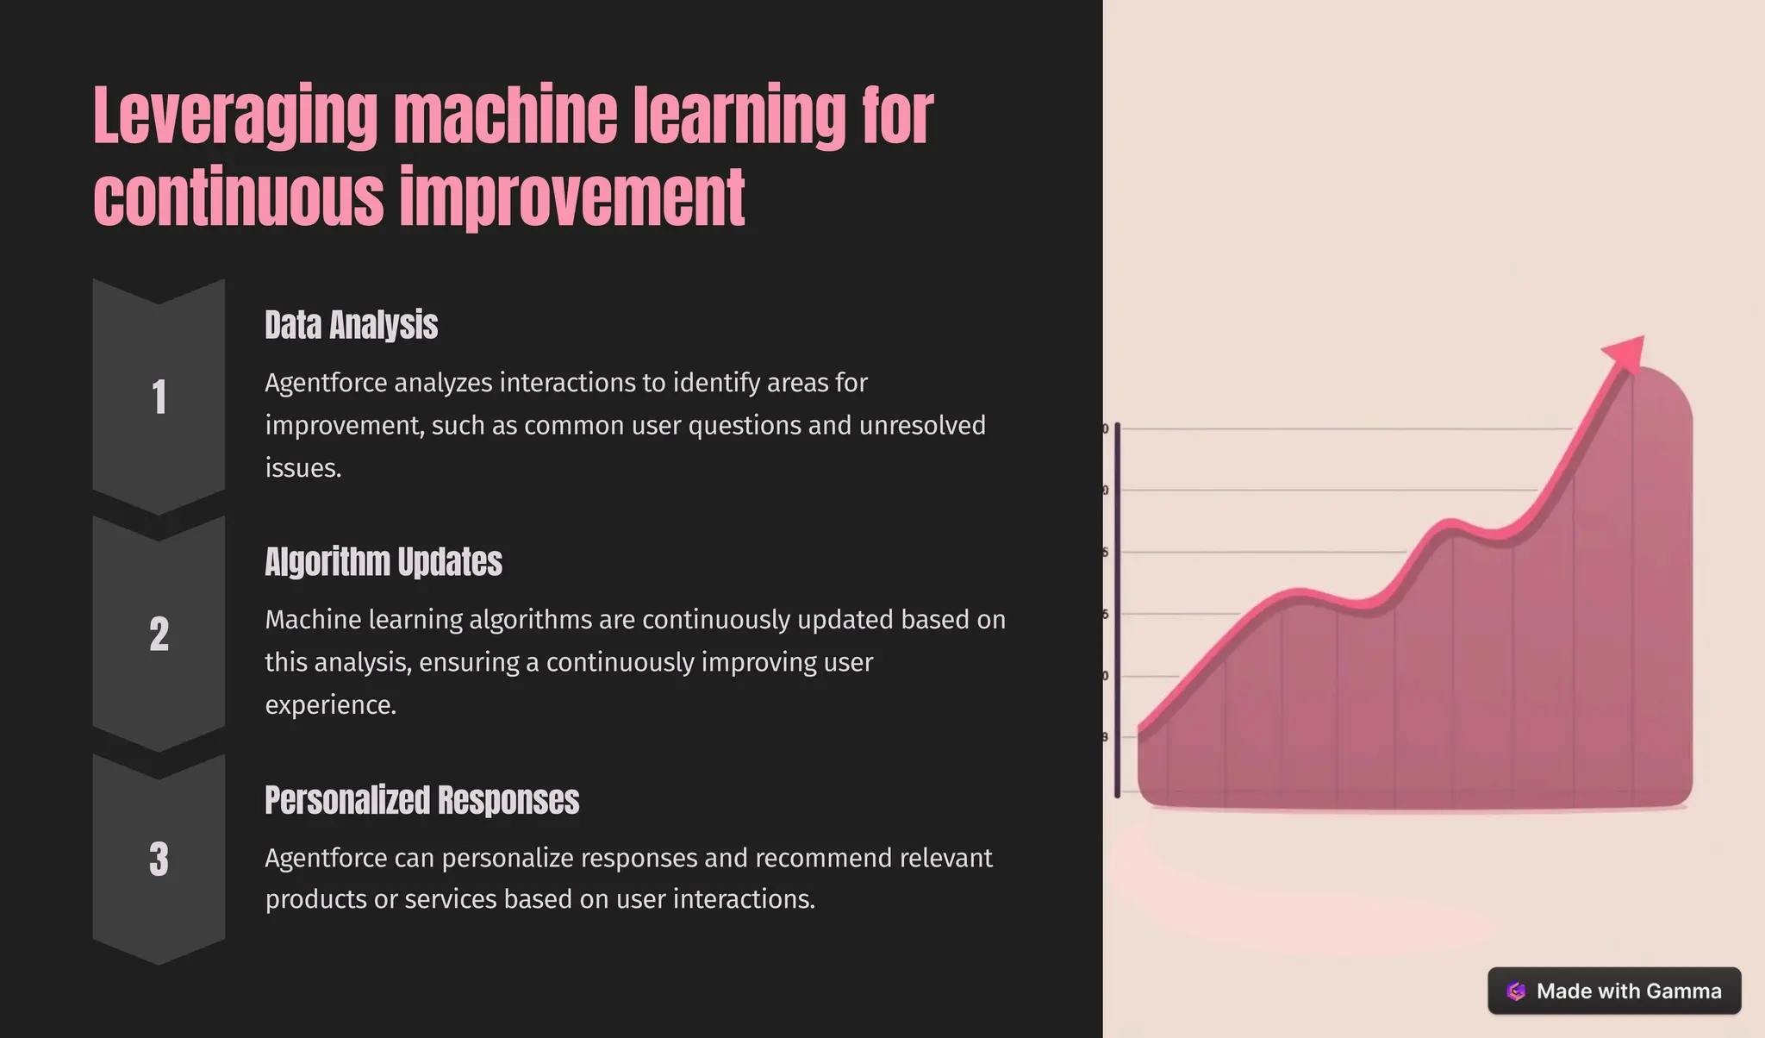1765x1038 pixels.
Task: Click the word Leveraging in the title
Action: click(x=234, y=116)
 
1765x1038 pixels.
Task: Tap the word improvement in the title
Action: click(x=572, y=198)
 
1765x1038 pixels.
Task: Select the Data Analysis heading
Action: click(x=351, y=326)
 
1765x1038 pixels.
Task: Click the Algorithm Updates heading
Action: click(x=383, y=562)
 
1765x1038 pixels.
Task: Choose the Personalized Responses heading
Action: click(x=421, y=800)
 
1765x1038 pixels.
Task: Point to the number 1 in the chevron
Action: click(x=159, y=397)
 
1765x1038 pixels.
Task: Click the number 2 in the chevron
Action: click(x=159, y=635)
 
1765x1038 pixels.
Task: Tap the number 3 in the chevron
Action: click(x=159, y=859)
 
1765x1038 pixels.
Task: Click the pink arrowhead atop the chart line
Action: click(x=1627, y=353)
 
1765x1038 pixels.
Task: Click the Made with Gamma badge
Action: click(x=1613, y=991)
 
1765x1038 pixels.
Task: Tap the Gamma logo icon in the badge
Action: click(x=1516, y=991)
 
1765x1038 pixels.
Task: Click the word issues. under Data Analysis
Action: click(x=303, y=468)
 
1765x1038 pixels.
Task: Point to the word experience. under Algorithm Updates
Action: click(x=330, y=705)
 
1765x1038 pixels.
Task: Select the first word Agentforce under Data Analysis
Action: click(x=326, y=383)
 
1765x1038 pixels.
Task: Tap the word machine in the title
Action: click(x=505, y=116)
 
